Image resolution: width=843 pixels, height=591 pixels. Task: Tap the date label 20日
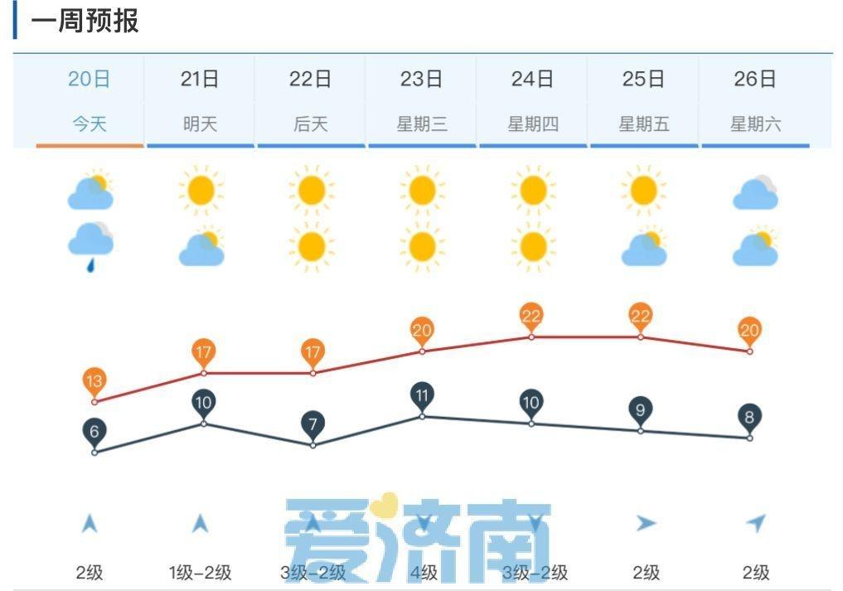pyautogui.click(x=90, y=80)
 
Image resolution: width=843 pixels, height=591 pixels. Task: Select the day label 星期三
pyautogui.click(x=422, y=124)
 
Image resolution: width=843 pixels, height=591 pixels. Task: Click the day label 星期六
pyautogui.click(x=755, y=124)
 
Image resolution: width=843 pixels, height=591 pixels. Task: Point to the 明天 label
pyautogui.click(x=200, y=124)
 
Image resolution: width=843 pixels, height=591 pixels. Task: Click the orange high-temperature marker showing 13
pyautogui.click(x=94, y=382)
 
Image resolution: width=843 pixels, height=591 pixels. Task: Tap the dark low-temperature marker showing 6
pyautogui.click(x=94, y=432)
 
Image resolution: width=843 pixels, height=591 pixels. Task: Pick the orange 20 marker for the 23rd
pyautogui.click(x=422, y=331)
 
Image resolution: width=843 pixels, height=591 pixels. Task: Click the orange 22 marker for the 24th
pyautogui.click(x=531, y=316)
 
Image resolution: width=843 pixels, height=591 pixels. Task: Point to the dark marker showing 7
pyautogui.click(x=312, y=425)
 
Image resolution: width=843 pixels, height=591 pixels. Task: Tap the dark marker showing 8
pyautogui.click(x=749, y=417)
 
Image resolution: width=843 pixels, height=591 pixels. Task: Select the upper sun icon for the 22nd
pyautogui.click(x=312, y=191)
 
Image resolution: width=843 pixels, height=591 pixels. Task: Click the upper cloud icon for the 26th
pyautogui.click(x=755, y=193)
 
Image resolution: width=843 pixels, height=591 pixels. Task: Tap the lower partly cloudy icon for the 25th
pyautogui.click(x=644, y=247)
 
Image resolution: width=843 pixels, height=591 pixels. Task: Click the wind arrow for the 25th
pyautogui.click(x=646, y=523)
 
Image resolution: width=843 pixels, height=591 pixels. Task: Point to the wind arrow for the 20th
pyautogui.click(x=90, y=524)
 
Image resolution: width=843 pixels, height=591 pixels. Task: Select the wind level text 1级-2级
pyautogui.click(x=200, y=572)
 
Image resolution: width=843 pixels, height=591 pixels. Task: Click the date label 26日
pyautogui.click(x=755, y=80)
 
